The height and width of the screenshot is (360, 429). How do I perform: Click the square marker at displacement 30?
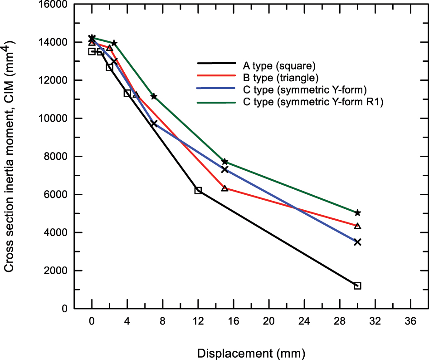pos(357,286)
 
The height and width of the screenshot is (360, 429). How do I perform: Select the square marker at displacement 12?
pos(198,190)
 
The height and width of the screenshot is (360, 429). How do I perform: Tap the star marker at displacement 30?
pos(357,212)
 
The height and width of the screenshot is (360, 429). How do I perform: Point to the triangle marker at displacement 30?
pos(357,226)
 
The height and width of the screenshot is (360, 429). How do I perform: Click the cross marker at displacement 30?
pos(357,242)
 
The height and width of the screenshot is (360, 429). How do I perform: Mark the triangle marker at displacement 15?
pos(224,188)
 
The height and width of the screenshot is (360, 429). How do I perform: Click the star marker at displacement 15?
pos(224,162)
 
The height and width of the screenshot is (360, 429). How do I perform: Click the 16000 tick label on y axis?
pos(54,5)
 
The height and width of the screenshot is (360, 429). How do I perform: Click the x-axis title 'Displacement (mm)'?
pos(251,352)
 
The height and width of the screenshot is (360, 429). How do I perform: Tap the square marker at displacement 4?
pos(127,93)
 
